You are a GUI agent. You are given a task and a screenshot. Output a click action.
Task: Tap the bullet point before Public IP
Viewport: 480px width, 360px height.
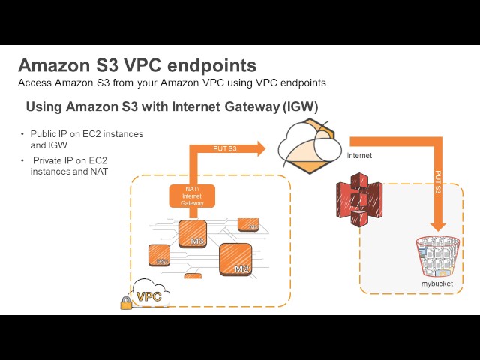pos(22,133)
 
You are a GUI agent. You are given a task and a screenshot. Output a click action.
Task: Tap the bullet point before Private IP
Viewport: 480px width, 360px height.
pos(22,160)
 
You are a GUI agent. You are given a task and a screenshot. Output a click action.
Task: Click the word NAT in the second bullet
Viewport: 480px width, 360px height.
pos(99,172)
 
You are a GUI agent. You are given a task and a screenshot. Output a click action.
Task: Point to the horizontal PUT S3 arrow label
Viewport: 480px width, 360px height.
pos(225,148)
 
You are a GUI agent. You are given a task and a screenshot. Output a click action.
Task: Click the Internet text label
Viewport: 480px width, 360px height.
pos(360,156)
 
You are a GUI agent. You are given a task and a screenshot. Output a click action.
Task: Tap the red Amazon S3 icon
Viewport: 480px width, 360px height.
pos(359,199)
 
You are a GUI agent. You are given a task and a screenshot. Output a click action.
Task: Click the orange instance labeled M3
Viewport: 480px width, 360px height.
pos(193,233)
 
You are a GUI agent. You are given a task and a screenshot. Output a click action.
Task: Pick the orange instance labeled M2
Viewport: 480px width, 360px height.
pos(235,259)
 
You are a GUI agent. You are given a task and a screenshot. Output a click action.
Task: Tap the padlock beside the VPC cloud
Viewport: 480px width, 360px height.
pos(126,302)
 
